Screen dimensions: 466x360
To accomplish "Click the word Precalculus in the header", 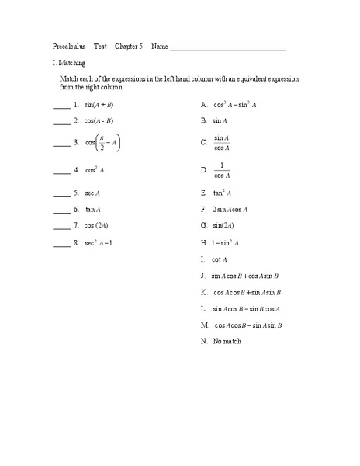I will coord(70,47).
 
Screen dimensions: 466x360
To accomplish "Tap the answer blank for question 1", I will coord(61,106).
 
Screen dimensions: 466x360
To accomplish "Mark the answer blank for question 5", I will coord(61,193).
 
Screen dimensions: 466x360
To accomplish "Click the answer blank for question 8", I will coord(61,244).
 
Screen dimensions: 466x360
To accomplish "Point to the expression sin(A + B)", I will coord(99,104).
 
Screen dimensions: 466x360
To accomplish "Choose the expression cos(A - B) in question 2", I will coord(99,120).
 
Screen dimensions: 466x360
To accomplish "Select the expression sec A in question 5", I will coord(92,193).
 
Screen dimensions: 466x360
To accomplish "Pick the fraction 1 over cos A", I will coord(222,170).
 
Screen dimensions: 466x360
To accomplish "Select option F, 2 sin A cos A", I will coord(234,209).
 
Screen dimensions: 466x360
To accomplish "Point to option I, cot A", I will coord(220,259).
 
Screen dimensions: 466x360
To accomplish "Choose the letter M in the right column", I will coord(203,325).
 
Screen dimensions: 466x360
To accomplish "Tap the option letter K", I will coord(203,293).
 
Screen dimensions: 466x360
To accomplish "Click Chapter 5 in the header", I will coord(129,47).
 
